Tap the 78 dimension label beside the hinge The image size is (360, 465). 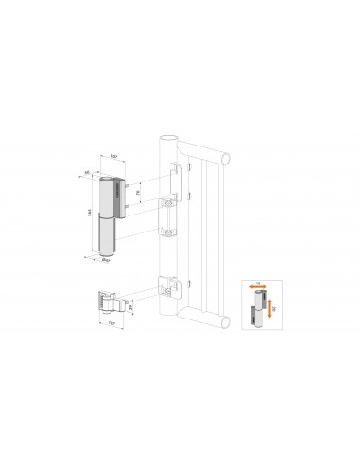pos(137,194)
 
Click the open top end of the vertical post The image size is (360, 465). pos(169,135)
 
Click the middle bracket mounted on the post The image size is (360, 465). pos(168,216)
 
